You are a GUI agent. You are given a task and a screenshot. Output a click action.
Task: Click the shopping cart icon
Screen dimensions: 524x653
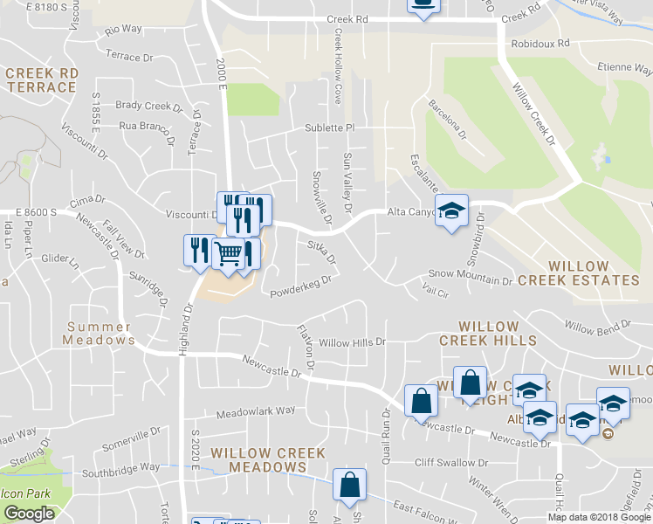[x=228, y=253]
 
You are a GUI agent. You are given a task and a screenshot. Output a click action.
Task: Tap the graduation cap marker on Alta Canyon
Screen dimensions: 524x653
[x=451, y=211]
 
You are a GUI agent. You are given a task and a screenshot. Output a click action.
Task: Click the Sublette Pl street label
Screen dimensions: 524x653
[x=329, y=128]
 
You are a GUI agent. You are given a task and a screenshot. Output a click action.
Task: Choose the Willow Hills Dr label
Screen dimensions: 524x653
[x=353, y=342]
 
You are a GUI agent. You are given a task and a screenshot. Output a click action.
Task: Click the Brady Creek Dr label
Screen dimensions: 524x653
[x=148, y=106]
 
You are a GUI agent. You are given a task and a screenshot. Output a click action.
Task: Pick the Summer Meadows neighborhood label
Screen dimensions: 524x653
[x=100, y=333]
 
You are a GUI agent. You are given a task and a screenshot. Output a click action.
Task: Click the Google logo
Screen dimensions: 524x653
[x=29, y=514]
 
